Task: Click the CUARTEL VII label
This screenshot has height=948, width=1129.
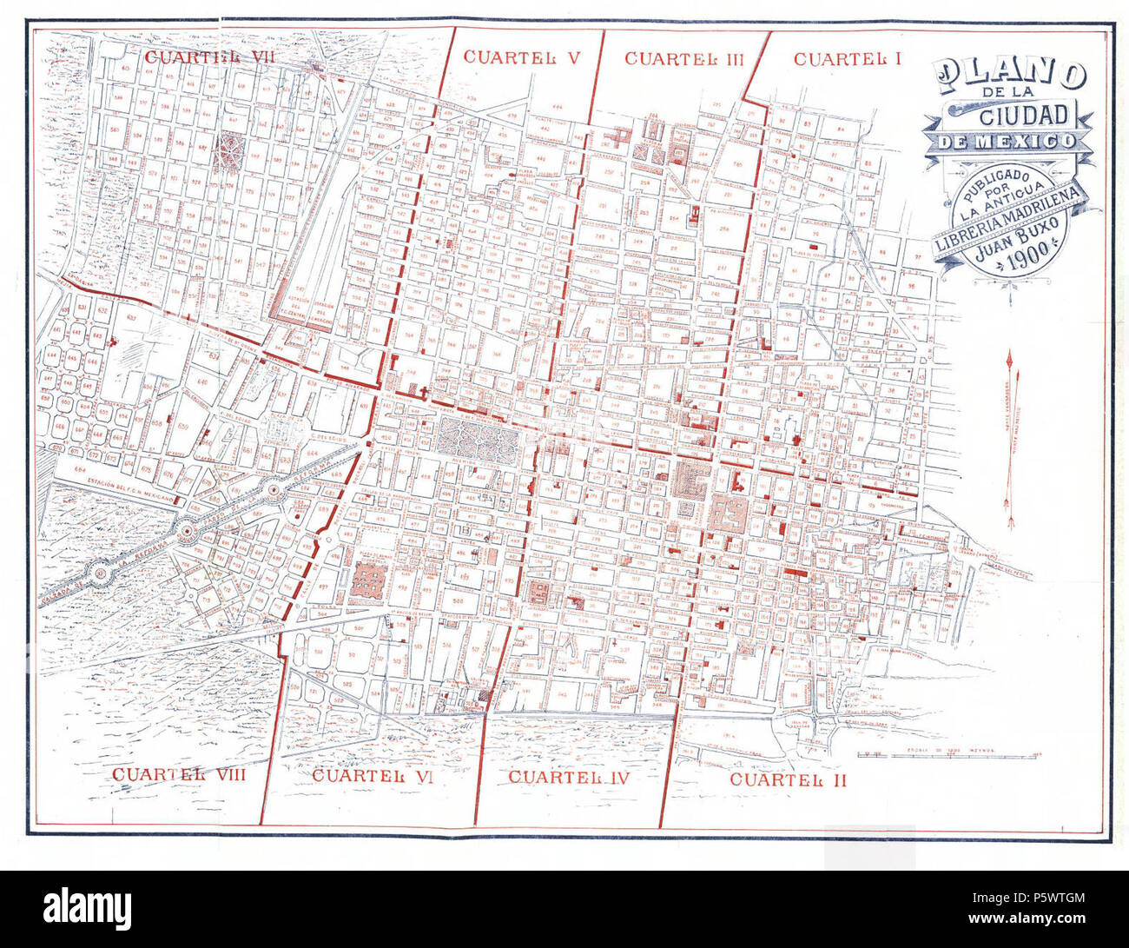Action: tap(193, 57)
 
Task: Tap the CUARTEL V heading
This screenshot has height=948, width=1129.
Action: tap(521, 57)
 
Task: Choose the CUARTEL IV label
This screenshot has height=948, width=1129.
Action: tap(568, 777)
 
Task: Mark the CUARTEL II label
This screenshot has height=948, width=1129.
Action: tap(788, 779)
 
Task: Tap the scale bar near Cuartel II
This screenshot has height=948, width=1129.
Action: tap(947, 754)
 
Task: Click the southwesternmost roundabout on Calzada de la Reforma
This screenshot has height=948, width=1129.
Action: tap(102, 572)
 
